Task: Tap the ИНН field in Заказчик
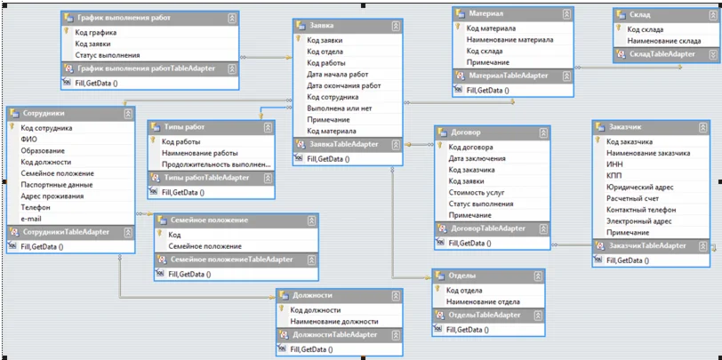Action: click(615, 164)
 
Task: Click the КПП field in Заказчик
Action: click(616, 176)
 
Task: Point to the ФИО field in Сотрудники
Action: click(28, 140)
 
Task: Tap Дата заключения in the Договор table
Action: click(477, 158)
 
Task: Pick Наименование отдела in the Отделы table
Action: click(483, 302)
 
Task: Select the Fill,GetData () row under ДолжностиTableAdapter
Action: click(311, 350)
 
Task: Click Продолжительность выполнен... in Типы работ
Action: click(216, 164)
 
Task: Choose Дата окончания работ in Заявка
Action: click(344, 85)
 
